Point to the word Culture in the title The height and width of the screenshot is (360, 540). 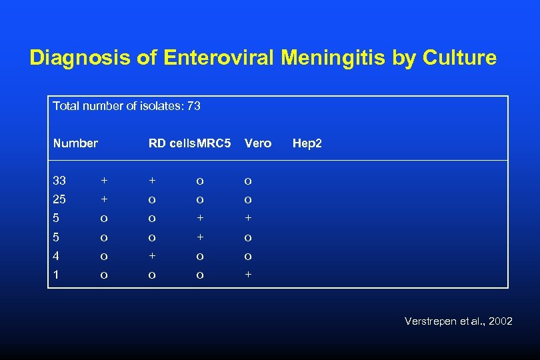[x=459, y=58]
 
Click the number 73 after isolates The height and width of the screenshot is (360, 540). [x=194, y=106]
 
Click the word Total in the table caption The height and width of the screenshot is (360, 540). [x=65, y=106]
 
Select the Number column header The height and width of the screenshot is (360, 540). [x=75, y=143]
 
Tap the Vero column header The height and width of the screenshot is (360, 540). [x=258, y=143]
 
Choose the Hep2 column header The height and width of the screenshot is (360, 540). [x=307, y=143]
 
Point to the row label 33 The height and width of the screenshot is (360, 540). [x=59, y=181]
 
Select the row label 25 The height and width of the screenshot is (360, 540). [x=59, y=199]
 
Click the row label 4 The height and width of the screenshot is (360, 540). [x=56, y=256]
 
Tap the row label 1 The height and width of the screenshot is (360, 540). [x=56, y=275]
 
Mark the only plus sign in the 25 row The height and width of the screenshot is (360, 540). [x=103, y=199]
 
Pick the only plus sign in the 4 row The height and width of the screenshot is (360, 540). [x=152, y=256]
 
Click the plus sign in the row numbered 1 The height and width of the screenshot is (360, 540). [x=248, y=275]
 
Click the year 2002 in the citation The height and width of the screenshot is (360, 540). [x=500, y=321]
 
